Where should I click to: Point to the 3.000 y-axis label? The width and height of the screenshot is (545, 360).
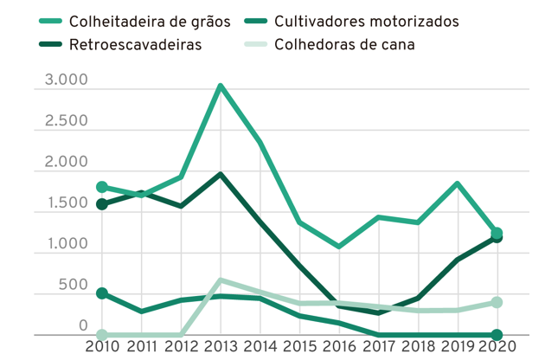61,80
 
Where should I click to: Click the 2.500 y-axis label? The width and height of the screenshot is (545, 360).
61,121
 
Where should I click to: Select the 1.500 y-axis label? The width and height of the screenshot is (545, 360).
61,203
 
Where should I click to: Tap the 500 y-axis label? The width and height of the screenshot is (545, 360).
73,286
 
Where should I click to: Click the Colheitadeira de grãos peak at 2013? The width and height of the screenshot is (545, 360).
221,86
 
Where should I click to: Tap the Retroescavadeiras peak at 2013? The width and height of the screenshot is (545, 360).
221,174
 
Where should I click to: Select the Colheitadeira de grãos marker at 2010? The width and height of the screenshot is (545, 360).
102,187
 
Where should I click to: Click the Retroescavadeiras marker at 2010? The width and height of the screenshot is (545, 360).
102,204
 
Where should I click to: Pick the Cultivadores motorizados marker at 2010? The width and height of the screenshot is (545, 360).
102,293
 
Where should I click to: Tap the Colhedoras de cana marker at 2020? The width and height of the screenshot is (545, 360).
497,302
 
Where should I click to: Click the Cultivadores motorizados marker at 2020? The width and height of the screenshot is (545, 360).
497,335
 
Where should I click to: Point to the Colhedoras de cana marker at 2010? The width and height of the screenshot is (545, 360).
102,335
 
